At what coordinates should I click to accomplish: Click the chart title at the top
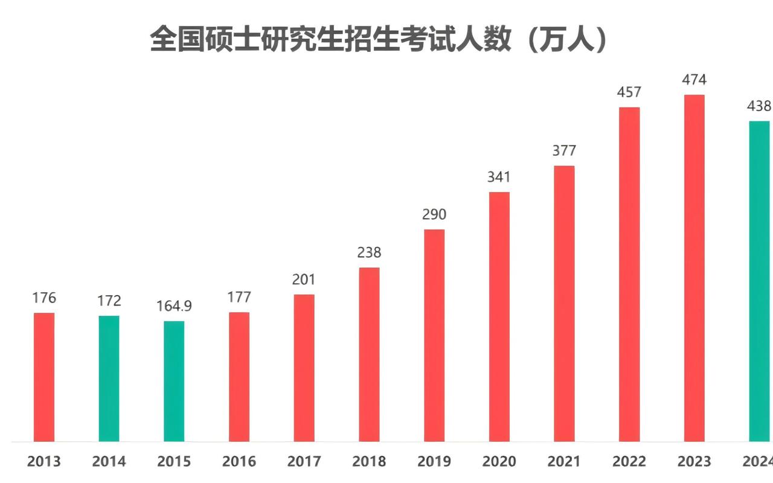click(379, 40)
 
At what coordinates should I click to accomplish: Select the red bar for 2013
click(44, 377)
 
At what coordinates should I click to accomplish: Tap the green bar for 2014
click(109, 379)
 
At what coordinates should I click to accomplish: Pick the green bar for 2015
click(174, 381)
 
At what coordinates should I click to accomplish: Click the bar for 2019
click(434, 335)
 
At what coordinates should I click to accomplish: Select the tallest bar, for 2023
click(694, 268)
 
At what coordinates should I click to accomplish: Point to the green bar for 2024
click(759, 281)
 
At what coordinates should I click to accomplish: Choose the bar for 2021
click(564, 303)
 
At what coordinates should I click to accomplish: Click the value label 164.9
click(174, 306)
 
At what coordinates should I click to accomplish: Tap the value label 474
click(694, 80)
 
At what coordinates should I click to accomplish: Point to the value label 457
click(629, 92)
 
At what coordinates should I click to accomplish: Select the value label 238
click(369, 252)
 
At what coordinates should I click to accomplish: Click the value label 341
click(499, 177)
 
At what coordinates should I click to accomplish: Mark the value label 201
click(304, 280)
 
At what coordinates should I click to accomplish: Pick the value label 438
click(759, 106)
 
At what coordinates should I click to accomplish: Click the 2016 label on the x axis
click(239, 462)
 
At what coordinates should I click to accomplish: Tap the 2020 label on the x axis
click(499, 462)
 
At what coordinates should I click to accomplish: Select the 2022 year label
click(629, 462)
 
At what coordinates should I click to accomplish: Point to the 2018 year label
click(369, 462)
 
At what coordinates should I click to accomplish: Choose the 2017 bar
click(304, 368)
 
